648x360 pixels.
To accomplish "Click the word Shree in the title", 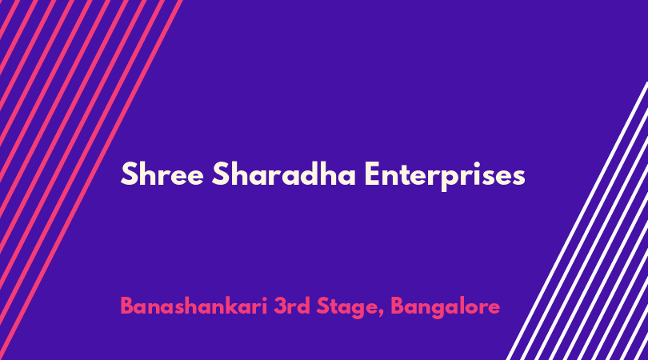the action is [162, 174].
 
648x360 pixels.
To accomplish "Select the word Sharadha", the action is [283, 174].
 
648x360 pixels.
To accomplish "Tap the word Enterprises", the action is [445, 177].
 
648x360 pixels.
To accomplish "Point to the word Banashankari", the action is [194, 306].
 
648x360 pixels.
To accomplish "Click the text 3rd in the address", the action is [292, 306].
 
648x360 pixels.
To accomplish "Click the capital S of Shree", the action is [129, 174].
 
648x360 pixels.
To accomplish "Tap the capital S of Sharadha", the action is [220, 174].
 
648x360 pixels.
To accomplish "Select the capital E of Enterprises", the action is [372, 174].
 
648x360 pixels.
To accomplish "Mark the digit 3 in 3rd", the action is [280, 306].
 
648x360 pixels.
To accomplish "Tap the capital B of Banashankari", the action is [126, 306].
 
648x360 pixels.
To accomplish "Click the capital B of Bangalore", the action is [397, 306].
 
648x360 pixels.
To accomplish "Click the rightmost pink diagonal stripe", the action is [91, 180].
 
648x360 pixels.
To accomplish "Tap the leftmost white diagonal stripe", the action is [577, 221].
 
